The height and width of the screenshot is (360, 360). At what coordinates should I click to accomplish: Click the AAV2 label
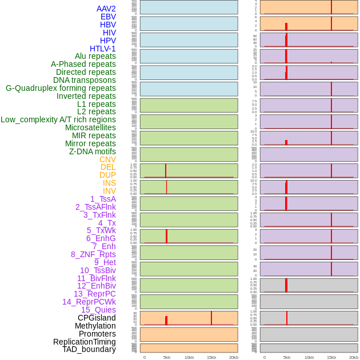click(106, 9)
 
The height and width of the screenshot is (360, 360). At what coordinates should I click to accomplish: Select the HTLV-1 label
click(102, 49)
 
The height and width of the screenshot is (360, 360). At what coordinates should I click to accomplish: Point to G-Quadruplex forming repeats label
click(61, 88)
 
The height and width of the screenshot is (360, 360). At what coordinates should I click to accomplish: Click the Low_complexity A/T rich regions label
click(58, 119)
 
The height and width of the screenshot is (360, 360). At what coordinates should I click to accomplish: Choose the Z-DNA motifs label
click(92, 151)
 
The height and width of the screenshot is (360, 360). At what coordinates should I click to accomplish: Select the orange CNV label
click(107, 159)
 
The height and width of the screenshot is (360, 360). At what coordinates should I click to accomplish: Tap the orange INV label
click(109, 191)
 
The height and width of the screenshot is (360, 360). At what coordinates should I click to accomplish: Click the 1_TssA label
click(103, 199)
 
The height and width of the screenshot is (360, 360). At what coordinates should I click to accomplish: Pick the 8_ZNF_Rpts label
click(93, 254)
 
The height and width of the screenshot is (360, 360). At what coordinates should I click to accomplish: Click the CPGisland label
click(97, 318)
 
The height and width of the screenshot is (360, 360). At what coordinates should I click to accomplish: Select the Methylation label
click(95, 326)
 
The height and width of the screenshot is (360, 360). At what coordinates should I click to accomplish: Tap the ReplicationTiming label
click(84, 342)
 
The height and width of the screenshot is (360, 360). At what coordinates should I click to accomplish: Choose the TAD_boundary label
click(89, 349)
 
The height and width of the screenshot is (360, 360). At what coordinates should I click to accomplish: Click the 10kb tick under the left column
click(189, 357)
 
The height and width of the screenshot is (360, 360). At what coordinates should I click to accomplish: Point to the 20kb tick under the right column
click(353, 357)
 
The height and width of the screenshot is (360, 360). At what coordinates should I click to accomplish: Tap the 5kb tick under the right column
click(286, 357)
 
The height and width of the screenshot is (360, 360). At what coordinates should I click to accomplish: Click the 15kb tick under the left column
click(211, 357)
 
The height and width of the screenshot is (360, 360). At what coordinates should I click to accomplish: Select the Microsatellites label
click(90, 127)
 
